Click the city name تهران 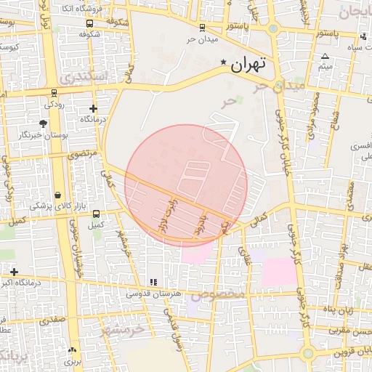pos(248,64)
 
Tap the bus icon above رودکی pos(54,93)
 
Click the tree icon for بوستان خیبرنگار pos(44,124)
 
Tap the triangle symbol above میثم pos(325,56)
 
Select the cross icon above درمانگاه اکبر pos(14,272)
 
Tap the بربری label pos(71,360)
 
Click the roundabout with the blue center pos(273,29)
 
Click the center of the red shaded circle pos(186,185)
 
